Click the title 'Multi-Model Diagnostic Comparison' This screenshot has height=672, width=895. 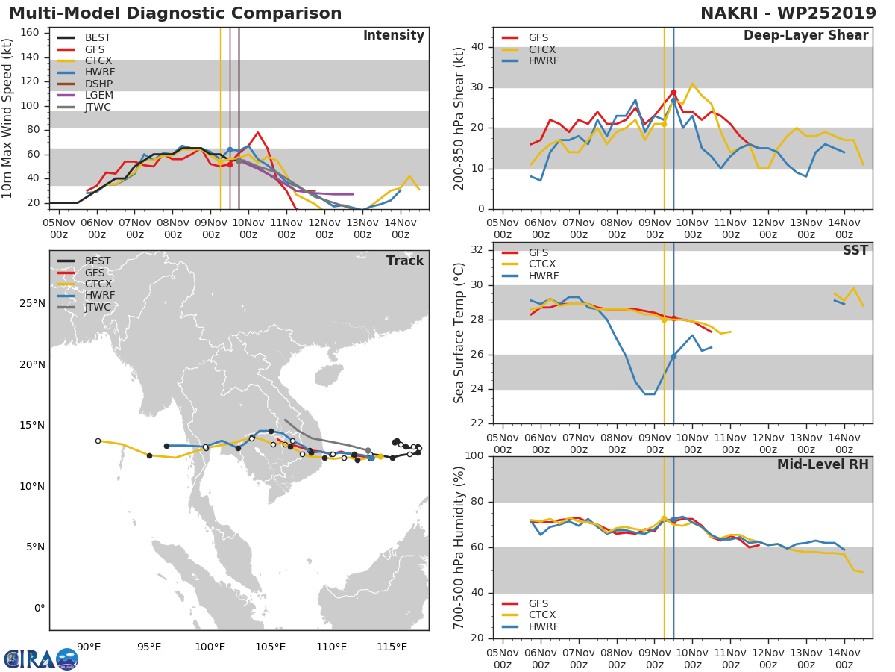coord(175,13)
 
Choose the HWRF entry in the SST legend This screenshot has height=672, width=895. coord(542,276)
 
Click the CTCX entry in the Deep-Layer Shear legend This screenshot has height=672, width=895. coord(543,49)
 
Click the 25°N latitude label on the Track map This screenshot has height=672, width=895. coord(31,304)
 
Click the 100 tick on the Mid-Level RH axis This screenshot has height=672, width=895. coord(474,456)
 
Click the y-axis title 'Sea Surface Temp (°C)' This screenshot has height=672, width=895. coord(459,332)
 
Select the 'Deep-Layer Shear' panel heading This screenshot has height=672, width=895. coord(805,36)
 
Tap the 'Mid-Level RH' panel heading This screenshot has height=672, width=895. coord(823,464)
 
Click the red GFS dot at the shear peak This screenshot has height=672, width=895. coord(673,92)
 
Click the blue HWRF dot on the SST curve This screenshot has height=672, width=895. coord(673,356)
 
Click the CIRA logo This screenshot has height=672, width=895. coord(40,659)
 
